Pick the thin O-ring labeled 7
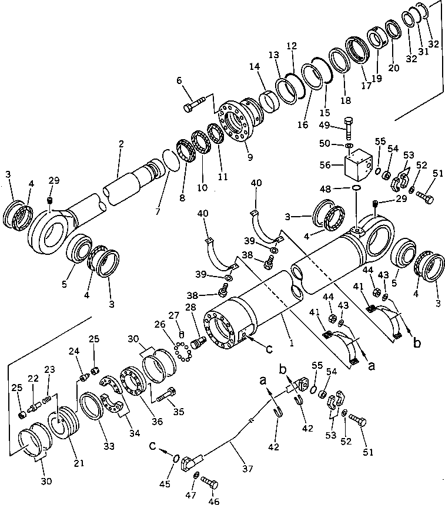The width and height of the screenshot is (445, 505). [169, 161]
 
